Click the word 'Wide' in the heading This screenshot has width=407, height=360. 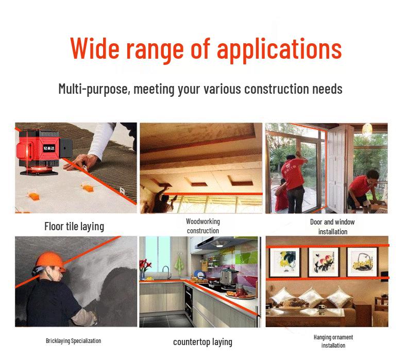[x=94, y=48]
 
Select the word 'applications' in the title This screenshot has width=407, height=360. [x=279, y=50]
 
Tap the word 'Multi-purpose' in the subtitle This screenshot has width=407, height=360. [x=93, y=89]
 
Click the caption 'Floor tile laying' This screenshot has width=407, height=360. [x=74, y=226]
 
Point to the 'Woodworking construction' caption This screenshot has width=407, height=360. [x=203, y=226]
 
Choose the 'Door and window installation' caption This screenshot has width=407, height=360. [x=332, y=227]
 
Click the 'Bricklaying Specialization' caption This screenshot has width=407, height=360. [x=74, y=341]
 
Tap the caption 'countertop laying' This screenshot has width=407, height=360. [x=202, y=342]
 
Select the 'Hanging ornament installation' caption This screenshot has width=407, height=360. [x=333, y=341]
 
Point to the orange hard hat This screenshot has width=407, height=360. [x=50, y=262]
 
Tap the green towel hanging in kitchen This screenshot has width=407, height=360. [x=179, y=265]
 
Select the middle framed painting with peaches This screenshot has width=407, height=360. [x=324, y=262]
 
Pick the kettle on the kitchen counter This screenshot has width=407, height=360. [x=227, y=277]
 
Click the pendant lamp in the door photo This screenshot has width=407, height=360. [x=367, y=128]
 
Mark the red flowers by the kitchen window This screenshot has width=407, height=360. [x=144, y=266]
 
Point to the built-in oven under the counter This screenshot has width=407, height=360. [x=189, y=302]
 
